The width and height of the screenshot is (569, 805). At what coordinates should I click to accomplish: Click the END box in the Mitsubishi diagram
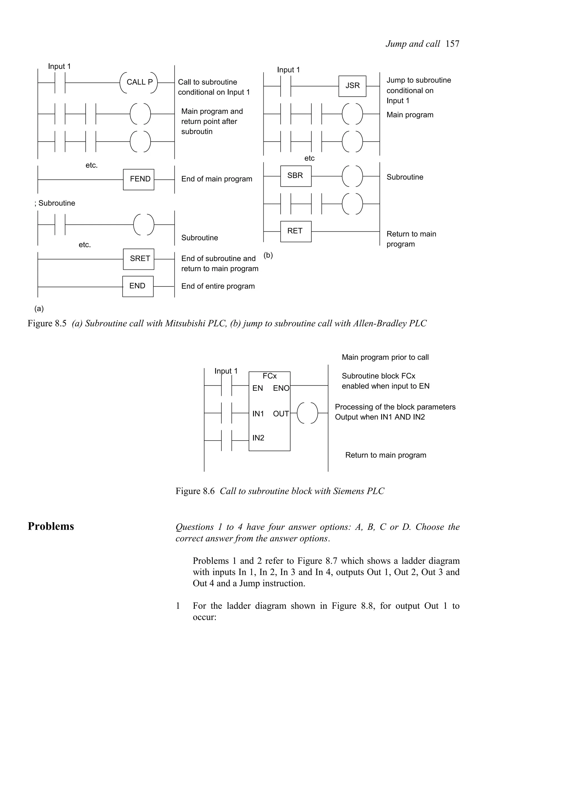[x=138, y=286]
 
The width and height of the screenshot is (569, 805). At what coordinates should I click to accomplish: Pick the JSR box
[x=352, y=86]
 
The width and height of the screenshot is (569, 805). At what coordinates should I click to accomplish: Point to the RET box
[x=296, y=231]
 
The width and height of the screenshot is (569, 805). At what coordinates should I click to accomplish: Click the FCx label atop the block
[x=269, y=376]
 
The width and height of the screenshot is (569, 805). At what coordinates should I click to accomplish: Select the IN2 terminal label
[x=258, y=437]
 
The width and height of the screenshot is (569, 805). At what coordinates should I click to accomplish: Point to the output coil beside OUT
[x=307, y=413]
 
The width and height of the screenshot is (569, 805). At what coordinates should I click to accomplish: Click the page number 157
[x=452, y=44]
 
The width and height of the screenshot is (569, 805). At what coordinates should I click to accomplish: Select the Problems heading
[x=51, y=526]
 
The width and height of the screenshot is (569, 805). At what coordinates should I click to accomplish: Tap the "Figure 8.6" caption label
[x=195, y=491]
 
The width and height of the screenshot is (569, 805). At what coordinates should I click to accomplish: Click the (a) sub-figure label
[x=39, y=309]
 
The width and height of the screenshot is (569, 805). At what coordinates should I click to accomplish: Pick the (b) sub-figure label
[x=268, y=255]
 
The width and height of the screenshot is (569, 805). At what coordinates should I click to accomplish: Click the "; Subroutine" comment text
[x=55, y=203]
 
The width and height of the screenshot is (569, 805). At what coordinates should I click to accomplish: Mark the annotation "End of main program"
[x=217, y=179]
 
